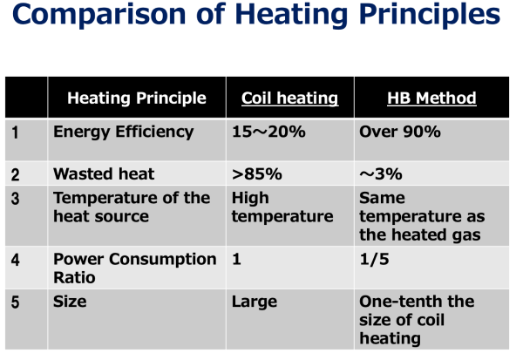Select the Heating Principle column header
(137, 98)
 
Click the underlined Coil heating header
(290, 98)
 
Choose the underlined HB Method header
(431, 98)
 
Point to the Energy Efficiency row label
(124, 132)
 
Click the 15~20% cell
(268, 132)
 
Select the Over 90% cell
(400, 132)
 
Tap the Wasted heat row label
(104, 173)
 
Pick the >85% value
(257, 174)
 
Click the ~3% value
(381, 174)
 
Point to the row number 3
(15, 199)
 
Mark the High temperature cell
(282, 207)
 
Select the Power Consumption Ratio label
(135, 268)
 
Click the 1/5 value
(374, 259)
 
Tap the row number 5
(15, 302)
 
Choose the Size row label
(70, 302)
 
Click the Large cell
(255, 302)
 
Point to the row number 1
(15, 132)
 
